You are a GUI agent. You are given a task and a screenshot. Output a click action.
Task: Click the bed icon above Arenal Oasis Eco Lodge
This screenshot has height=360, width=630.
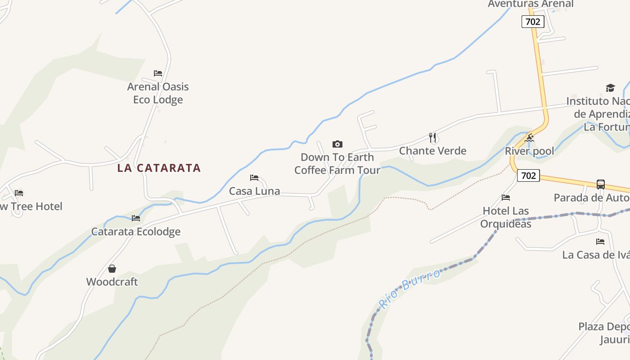point(157,73)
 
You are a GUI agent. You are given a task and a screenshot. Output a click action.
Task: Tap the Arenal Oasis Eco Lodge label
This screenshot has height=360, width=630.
point(158,93)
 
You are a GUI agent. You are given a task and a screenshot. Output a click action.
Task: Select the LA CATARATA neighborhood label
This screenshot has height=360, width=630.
point(159,168)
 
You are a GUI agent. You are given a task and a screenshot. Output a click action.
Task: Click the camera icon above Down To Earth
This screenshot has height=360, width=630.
point(337,144)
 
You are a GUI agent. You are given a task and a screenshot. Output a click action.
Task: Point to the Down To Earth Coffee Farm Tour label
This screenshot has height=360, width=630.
point(337,164)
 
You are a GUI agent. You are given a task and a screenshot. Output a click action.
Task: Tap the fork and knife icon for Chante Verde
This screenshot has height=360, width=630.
point(432,137)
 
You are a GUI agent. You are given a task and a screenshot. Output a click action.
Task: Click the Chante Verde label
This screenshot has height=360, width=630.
point(432,151)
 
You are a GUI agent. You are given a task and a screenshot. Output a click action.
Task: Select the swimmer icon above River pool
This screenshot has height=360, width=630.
point(529,138)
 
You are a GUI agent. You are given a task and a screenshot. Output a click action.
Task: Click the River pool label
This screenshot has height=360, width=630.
point(529,151)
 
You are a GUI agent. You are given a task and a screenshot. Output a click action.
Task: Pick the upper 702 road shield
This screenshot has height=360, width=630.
point(533,22)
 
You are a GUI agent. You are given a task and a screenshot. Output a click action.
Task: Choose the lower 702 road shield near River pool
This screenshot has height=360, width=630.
point(528,175)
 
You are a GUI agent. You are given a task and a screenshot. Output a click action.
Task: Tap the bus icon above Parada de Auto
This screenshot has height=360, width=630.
point(600,184)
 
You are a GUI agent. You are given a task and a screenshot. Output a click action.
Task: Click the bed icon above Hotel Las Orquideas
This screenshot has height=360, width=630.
point(506,197)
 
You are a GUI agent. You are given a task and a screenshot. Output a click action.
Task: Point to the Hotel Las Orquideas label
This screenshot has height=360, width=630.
point(506,217)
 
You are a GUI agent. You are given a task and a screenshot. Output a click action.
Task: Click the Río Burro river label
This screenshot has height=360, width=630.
point(409,288)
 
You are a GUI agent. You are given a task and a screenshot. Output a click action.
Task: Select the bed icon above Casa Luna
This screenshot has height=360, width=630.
point(254,178)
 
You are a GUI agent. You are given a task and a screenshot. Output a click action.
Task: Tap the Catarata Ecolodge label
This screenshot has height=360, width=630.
point(136,232)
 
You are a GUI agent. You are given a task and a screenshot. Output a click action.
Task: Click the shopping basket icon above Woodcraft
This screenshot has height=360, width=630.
point(112,269)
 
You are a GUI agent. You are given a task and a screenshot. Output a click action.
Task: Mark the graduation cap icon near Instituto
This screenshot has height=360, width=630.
point(610,88)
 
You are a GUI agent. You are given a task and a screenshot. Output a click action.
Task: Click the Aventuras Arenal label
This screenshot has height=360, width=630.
point(531,4)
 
